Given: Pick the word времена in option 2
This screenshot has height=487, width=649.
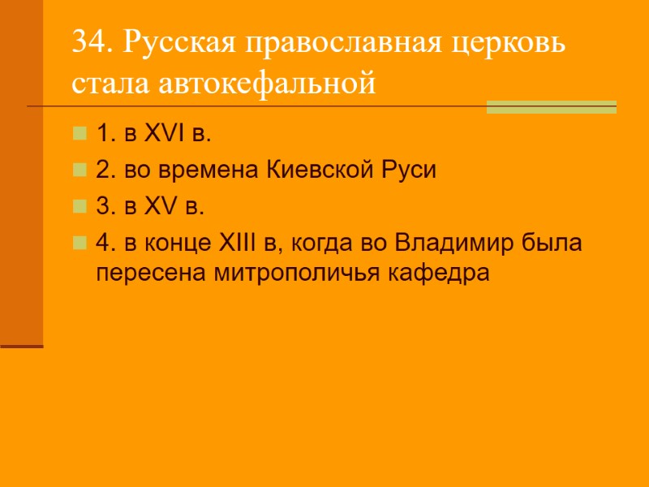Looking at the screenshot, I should (x=217, y=170).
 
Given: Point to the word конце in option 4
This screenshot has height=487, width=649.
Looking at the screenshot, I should (x=182, y=243).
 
